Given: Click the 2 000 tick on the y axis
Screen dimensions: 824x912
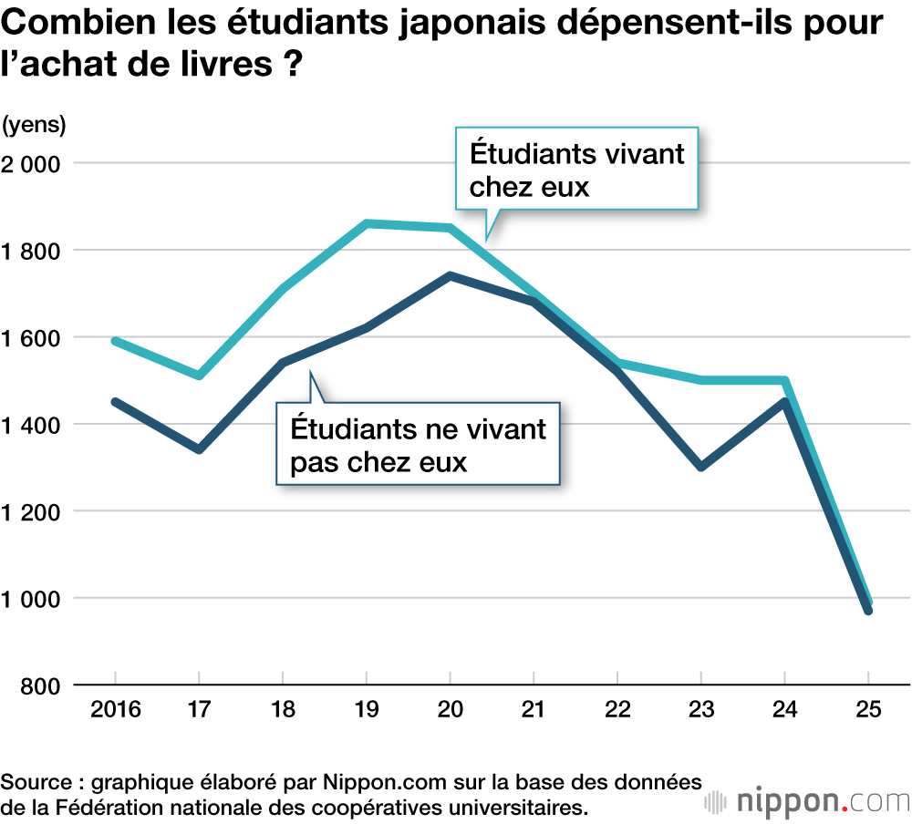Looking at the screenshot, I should point(34,163).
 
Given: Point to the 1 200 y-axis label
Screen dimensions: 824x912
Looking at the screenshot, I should point(34,511).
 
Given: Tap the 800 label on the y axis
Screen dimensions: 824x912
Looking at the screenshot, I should point(41,685).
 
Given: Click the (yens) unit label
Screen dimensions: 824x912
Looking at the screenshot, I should point(34,123).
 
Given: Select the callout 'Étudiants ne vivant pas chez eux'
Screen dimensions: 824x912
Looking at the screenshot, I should point(418,444).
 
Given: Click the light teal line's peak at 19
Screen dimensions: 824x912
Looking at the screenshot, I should point(367,222).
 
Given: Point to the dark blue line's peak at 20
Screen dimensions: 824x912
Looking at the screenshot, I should point(450,275).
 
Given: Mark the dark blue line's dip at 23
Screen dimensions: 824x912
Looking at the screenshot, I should point(701,467).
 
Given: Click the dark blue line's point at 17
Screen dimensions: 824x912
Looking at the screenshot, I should point(199,449).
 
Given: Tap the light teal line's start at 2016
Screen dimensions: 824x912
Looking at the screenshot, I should point(115,341).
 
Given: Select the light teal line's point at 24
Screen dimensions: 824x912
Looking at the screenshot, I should point(785,380).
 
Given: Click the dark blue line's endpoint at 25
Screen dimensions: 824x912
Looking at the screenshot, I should point(868,611).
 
